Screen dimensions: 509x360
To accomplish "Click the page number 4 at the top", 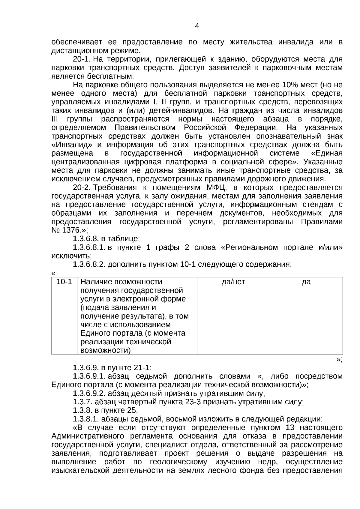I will (x=197, y=26).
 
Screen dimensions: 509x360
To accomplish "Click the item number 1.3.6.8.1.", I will (x=89, y=248).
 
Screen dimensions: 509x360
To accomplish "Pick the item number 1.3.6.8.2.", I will (x=89, y=265).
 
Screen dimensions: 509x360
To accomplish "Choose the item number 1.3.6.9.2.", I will (x=89, y=393).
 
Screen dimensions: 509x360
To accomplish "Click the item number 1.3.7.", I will (x=82, y=402).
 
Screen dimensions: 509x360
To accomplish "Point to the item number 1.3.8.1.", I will (x=86, y=419).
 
